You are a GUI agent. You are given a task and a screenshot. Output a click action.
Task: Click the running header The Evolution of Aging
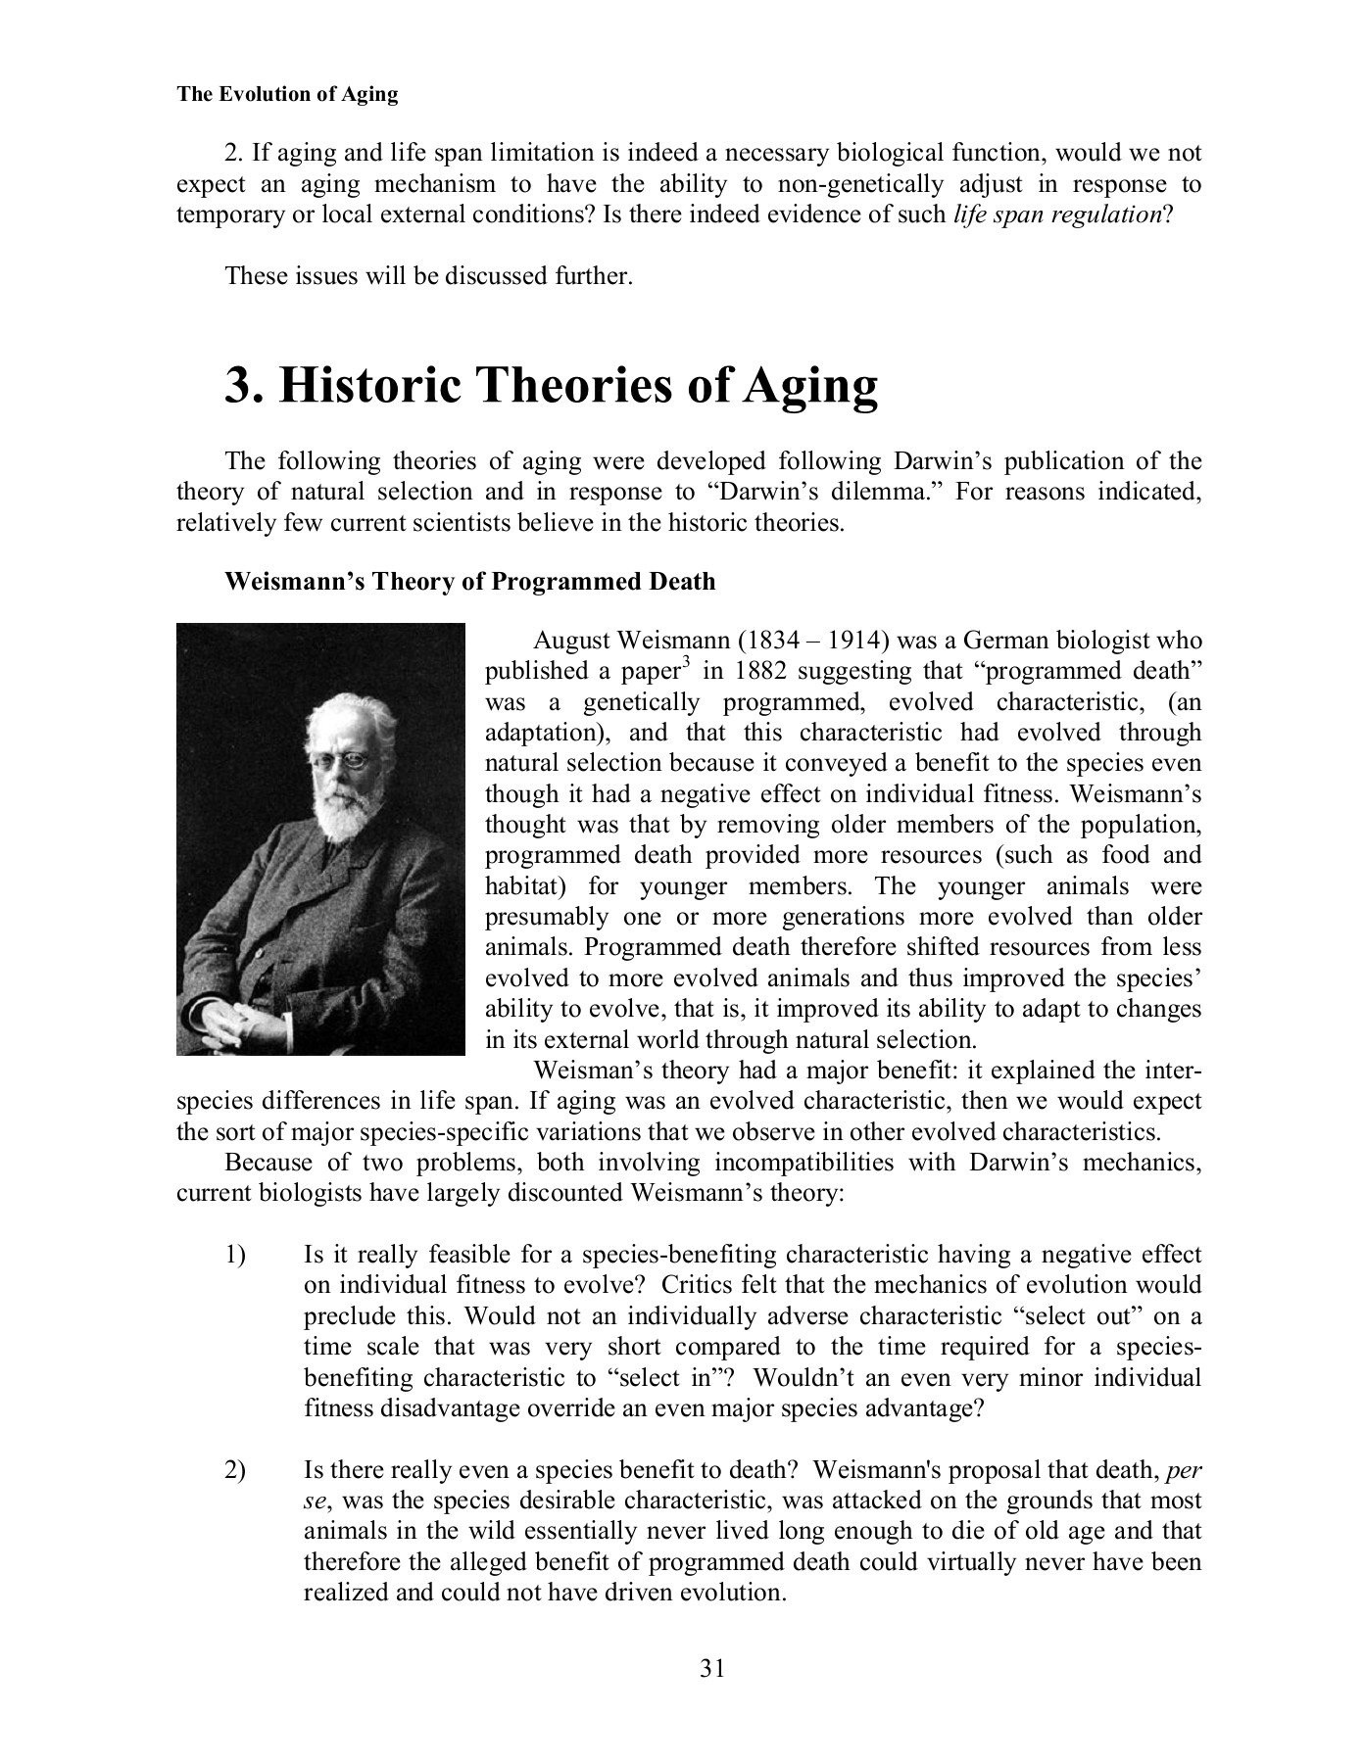pos(287,95)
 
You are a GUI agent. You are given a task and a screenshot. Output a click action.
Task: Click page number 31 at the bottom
pos(712,1668)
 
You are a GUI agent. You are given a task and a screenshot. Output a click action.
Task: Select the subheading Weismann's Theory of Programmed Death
pos(470,582)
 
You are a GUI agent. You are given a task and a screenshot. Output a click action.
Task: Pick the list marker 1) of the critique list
pos(235,1255)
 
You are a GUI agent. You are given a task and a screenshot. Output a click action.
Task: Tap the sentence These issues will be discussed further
pos(429,276)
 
